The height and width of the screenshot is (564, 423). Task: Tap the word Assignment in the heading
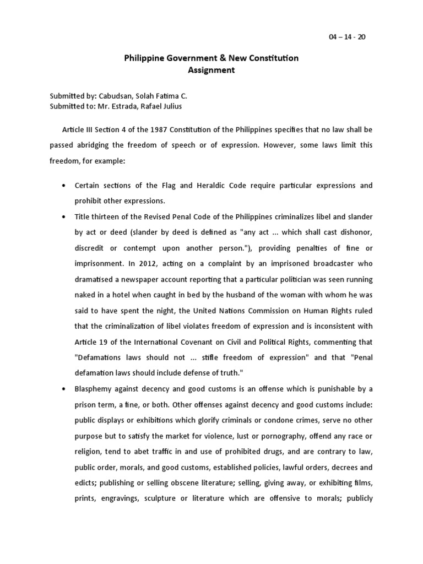[x=211, y=70]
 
